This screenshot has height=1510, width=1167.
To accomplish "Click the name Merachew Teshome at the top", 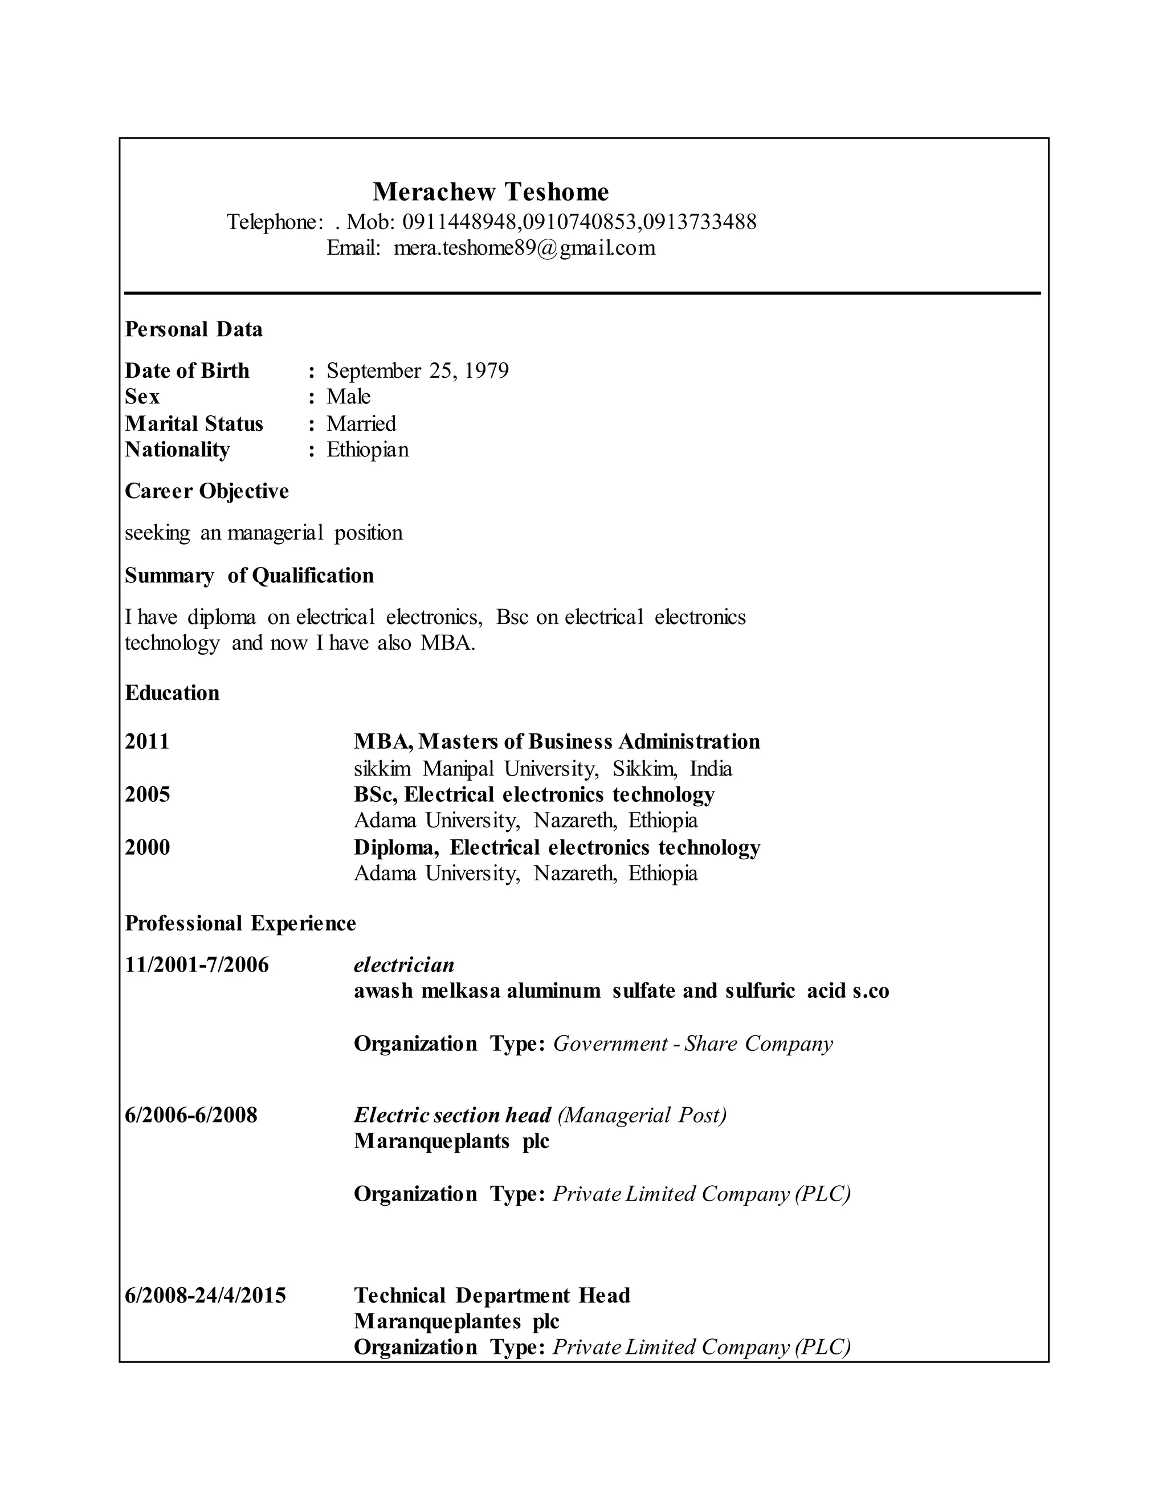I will coord(491,191).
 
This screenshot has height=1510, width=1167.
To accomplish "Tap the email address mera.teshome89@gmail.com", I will coord(524,247).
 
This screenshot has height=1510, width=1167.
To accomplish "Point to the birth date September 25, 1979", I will coord(418,370).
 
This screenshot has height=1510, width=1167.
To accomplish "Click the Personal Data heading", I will coord(194,329).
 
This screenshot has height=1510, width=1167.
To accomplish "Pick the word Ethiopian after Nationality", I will coord(367,450).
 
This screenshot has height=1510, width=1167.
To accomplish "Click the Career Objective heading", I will coord(207,491).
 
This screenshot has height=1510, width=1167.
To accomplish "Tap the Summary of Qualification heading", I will coord(249,576).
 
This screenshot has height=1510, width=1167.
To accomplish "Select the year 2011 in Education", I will coord(147,741).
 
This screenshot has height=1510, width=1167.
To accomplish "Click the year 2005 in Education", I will coord(147,794).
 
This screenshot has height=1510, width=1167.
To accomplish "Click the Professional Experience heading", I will coord(240,923).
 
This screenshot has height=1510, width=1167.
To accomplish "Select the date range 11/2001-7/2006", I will coord(197,965).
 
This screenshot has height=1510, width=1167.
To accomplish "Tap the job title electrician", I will coord(404,965).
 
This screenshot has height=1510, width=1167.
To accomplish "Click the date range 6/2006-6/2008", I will coord(191,1115).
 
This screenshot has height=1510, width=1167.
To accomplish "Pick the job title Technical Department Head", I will coord(492,1295).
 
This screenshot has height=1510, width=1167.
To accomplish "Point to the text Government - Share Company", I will coord(693,1043).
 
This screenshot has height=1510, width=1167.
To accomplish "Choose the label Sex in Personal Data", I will coord(142,396).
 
